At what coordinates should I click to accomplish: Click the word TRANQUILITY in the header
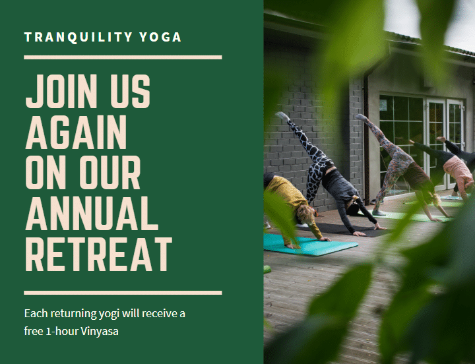pos(78,37)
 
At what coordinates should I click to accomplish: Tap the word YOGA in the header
pos(160,37)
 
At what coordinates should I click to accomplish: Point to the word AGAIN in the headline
pos(76,132)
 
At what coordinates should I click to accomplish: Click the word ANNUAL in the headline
pos(92,213)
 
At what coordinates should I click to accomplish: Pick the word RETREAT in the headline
pos(99,254)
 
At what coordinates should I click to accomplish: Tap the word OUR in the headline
pos(110,173)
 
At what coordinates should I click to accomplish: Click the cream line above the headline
pos(123,57)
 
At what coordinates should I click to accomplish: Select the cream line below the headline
pos(123,293)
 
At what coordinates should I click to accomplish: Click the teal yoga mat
pos(311,245)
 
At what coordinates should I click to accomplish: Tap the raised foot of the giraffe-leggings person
pos(282,115)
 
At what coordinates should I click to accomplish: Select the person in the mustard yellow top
pos(292,206)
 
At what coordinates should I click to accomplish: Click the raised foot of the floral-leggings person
pos(362,117)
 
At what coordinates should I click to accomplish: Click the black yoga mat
pos(342,229)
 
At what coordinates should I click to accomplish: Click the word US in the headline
pos(130,91)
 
